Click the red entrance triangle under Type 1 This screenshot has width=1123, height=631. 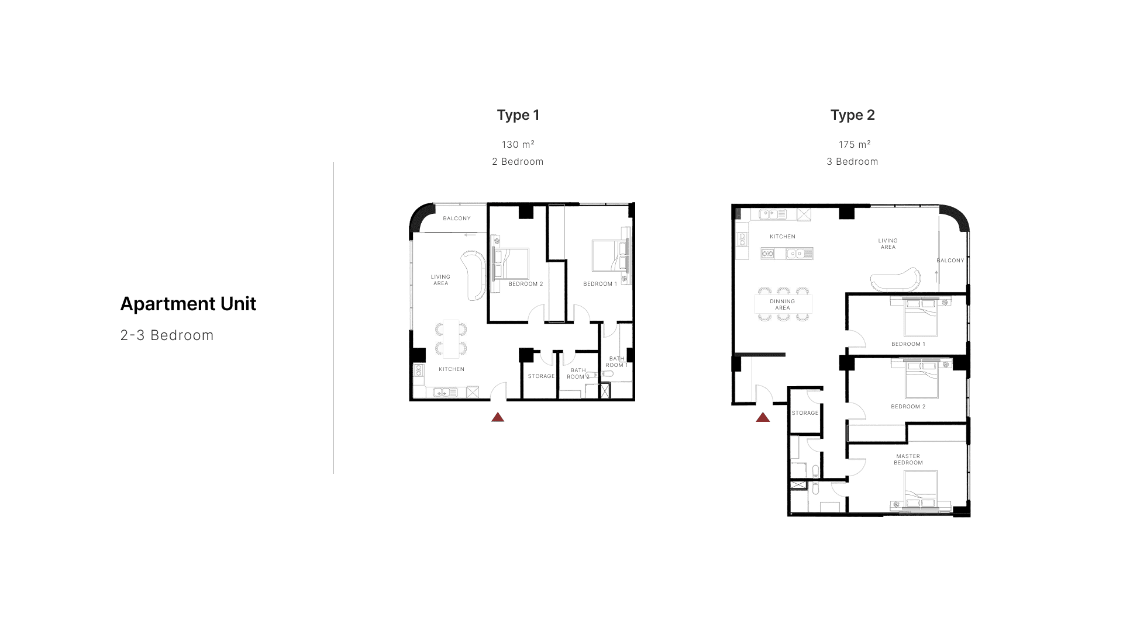pos(498,417)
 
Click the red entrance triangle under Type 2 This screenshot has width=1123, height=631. pos(763,417)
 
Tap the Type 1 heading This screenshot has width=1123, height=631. pos(518,115)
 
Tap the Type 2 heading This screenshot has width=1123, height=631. pos(853,115)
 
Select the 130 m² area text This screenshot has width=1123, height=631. pos(518,144)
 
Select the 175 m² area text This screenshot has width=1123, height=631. pos(855,144)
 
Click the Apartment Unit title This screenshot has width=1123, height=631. pos(188,304)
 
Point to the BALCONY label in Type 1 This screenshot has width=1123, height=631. pos(457,219)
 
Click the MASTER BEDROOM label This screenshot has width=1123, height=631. pos(908,459)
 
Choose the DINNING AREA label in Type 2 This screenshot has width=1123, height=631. pos(783,304)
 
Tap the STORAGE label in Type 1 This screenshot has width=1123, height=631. pos(542,376)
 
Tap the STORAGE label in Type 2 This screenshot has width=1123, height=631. pos(805,413)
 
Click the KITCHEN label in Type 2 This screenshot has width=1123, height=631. pos(783,237)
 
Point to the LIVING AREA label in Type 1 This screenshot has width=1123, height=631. pos(441,280)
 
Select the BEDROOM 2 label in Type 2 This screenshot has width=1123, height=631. pos(908,407)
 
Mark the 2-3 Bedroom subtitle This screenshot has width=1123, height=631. pos(167,335)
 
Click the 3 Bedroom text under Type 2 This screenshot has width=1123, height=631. pos(852,162)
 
